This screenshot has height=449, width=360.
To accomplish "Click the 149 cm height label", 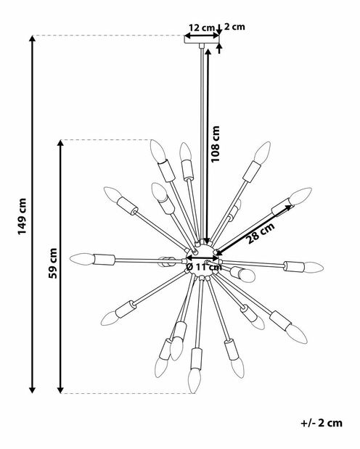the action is click(x=22, y=216).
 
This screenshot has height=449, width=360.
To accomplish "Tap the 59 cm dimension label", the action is click(x=53, y=263).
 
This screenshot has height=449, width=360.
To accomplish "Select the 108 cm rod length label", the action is click(x=215, y=144).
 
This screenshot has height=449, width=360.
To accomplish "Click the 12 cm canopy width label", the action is click(x=202, y=28).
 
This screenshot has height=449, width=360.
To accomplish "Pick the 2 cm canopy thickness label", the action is click(x=234, y=27).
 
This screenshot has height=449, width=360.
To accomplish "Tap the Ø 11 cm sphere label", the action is click(x=204, y=267).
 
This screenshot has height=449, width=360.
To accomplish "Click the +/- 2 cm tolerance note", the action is click(x=322, y=423).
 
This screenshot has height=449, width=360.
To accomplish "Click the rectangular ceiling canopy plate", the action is click(x=202, y=39).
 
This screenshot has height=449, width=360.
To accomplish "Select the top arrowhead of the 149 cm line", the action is click(x=33, y=38).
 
